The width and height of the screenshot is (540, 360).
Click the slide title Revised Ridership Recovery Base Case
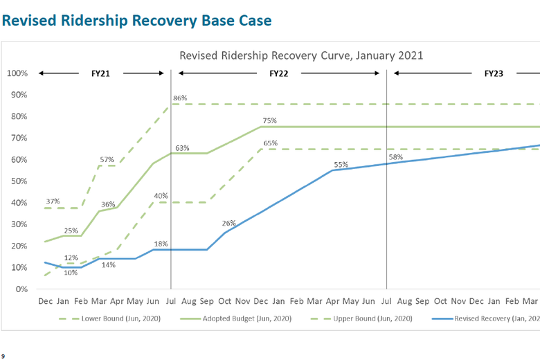click(x=136, y=20)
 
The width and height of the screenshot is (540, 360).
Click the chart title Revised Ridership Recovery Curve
click(x=301, y=55)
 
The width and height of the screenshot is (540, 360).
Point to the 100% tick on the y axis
click(x=18, y=73)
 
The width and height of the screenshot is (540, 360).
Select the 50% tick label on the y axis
click(x=19, y=181)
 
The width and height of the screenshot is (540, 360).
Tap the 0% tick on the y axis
click(x=21, y=289)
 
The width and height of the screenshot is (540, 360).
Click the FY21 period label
click(x=100, y=73)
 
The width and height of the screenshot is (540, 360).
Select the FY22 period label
click(x=278, y=73)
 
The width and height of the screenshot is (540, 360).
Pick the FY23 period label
click(x=494, y=73)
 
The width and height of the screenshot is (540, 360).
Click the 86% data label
click(x=180, y=98)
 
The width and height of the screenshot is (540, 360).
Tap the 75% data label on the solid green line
click(x=270, y=120)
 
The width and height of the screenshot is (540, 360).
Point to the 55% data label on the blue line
click(x=341, y=165)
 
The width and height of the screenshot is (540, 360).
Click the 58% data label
click(x=396, y=157)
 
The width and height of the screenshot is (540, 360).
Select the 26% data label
click(x=229, y=223)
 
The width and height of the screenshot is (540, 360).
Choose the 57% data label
click(x=107, y=159)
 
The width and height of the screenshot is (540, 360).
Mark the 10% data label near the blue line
click(x=71, y=272)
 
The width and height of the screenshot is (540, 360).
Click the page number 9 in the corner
click(x=3, y=356)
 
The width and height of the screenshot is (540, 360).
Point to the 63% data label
click(x=183, y=148)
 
